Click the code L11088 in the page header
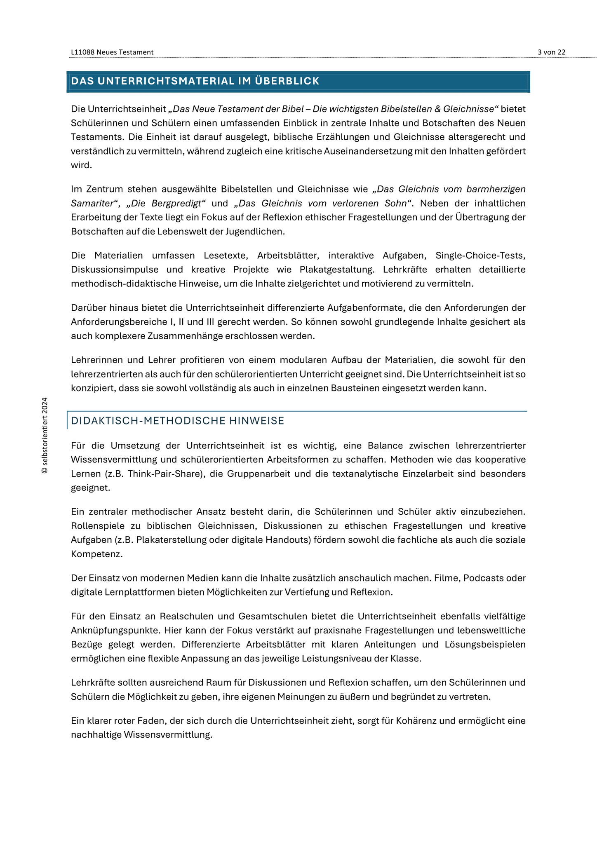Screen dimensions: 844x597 pos(83,52)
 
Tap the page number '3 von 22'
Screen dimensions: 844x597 pos(551,52)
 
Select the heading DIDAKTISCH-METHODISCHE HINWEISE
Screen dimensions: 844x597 pos(178,421)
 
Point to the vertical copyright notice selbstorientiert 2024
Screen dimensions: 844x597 pos(45,435)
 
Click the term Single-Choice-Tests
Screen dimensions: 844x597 pos(480,256)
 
